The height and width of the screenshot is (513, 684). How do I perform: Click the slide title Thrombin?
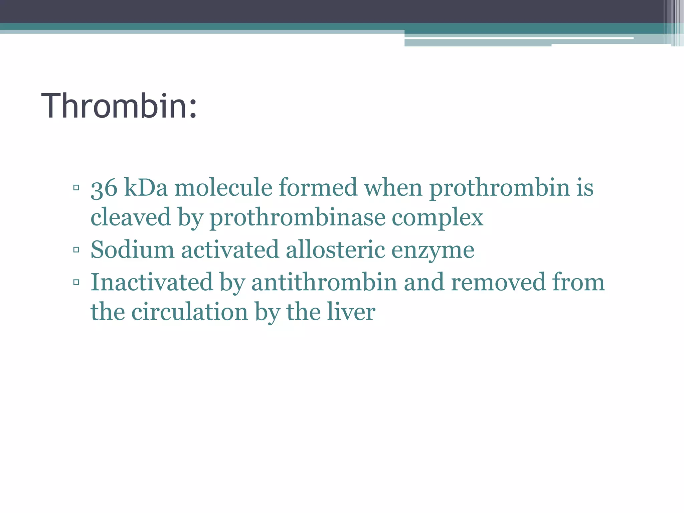click(x=119, y=106)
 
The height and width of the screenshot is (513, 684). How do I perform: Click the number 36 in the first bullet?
click(x=104, y=188)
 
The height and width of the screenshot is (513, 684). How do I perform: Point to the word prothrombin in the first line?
click(x=499, y=188)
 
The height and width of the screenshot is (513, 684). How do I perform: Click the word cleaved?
click(x=131, y=217)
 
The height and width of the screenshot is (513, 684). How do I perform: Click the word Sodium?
click(x=132, y=249)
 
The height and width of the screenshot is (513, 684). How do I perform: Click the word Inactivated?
click(x=152, y=282)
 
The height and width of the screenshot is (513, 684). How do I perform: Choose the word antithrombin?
click(x=324, y=282)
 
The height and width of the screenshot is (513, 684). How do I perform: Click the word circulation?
click(x=189, y=312)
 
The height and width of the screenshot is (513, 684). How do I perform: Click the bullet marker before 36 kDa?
click(x=76, y=187)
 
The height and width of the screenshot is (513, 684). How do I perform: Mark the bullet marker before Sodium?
click(x=76, y=249)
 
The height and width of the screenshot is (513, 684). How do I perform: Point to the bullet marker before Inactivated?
click(x=76, y=282)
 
